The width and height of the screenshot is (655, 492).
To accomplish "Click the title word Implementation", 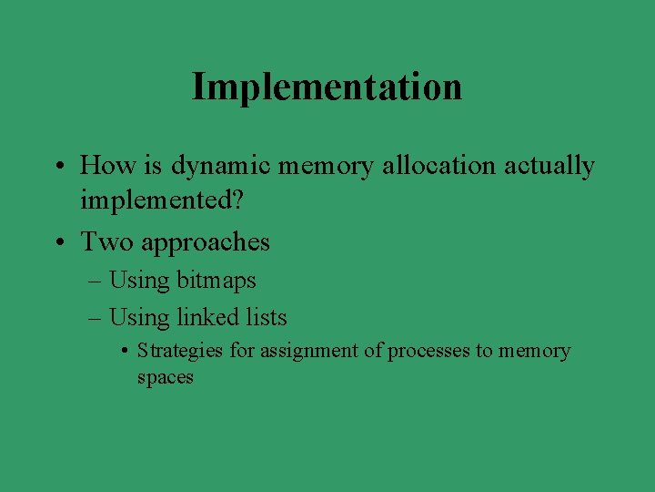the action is tap(327, 87).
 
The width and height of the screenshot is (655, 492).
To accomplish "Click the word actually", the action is tap(549, 166).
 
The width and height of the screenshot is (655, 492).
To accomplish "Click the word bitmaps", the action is tap(217, 281).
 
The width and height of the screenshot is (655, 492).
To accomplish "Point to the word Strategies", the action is tap(180, 351).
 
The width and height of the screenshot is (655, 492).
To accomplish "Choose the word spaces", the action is tap(166, 377).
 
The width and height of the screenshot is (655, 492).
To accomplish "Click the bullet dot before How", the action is tap(58, 167).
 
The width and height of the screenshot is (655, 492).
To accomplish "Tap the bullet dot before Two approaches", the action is tap(58, 243).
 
